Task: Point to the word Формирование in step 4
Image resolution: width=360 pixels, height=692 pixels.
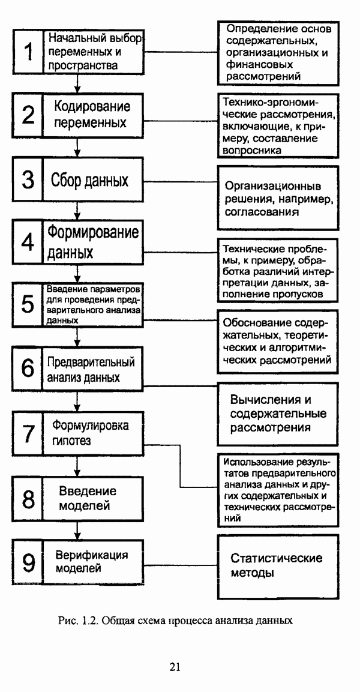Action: [x=92, y=232]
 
